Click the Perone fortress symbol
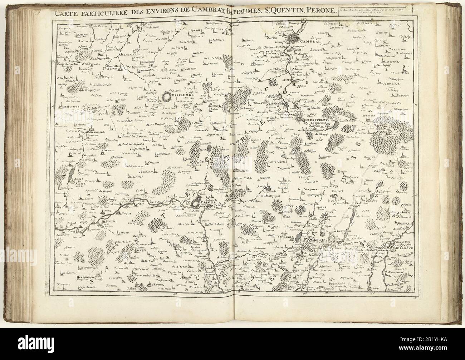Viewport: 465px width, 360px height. click(x=196, y=203)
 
